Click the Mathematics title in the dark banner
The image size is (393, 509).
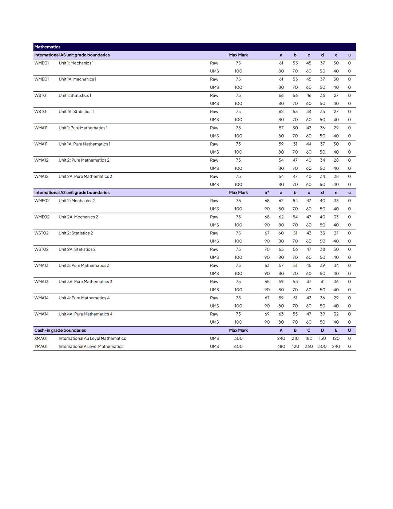47,47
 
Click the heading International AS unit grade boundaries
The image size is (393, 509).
72,55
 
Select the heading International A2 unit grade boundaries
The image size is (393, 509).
72,193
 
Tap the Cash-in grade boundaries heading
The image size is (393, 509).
60,330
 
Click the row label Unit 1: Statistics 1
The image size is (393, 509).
75,95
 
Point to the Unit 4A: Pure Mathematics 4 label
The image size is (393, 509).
86,314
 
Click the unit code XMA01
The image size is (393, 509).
41,338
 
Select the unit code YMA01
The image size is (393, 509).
41,346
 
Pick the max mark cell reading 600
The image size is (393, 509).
238,346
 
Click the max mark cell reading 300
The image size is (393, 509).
238,338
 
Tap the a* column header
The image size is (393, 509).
267,193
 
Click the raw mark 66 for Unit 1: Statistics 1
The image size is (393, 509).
281,95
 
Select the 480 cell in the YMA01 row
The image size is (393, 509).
281,346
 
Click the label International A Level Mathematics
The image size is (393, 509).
91,346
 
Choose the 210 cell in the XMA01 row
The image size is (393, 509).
295,338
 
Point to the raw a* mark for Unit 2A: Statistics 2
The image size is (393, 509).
267,249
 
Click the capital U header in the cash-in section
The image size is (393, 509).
349,330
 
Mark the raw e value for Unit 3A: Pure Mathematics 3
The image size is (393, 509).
336,281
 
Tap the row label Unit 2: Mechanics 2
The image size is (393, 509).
77,201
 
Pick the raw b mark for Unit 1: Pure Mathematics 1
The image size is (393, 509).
295,128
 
